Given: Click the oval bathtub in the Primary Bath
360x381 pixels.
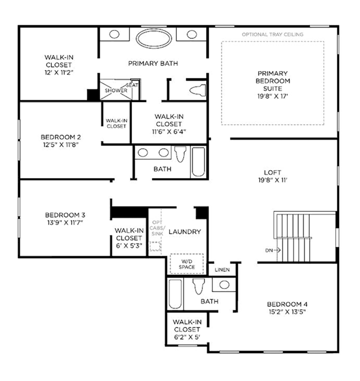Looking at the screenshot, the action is tap(154, 38).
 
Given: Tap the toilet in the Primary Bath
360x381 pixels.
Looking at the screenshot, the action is tap(198, 90).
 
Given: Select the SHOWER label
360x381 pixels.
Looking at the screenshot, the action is tap(116, 90).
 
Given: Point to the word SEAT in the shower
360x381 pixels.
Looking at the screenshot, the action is tap(132, 85).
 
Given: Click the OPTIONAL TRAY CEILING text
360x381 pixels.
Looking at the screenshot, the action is tap(273, 34).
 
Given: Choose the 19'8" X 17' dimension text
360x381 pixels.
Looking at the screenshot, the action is tap(273, 96).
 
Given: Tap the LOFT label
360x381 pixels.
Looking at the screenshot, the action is tap(273, 172).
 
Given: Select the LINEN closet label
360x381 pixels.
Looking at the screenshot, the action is tap(222, 270).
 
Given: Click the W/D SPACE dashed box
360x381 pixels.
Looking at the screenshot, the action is tap(186, 264).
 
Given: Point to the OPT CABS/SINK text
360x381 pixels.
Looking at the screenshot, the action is tap(157, 228).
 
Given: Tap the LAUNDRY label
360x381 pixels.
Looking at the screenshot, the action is tap(185, 232).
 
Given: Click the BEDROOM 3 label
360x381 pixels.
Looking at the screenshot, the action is tap(65, 215).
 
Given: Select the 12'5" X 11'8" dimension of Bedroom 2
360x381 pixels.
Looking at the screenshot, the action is tap(61, 145).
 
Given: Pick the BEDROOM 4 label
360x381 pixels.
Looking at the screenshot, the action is tap(287, 304).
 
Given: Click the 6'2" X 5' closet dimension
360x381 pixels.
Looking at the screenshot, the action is tap(187, 337).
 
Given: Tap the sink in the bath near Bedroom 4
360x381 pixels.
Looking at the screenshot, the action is tap(224, 285).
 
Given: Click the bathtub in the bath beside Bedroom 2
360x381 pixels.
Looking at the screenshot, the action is tap(198, 162).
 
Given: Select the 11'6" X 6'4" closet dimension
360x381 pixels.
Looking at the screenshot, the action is tap(169, 132).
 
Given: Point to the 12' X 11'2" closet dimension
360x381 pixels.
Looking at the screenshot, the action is tap(59, 72).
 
